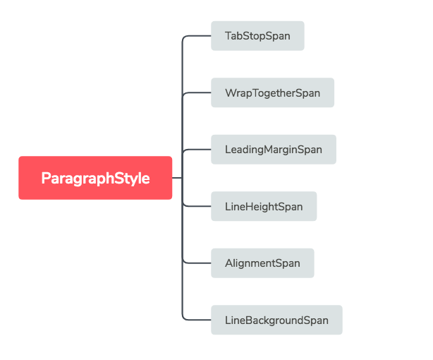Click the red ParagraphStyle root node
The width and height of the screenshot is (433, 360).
95,178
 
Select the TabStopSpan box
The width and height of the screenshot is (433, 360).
257,36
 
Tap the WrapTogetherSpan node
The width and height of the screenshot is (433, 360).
272,93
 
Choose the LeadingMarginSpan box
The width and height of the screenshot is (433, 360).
274,150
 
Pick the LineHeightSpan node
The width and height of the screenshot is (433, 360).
264,207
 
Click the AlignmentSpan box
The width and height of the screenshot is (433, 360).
262,263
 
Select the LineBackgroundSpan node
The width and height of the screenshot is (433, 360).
276,320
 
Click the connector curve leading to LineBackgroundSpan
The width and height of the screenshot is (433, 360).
197,320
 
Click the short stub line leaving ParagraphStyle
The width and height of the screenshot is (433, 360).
177,178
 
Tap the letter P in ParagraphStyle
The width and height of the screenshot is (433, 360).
45,178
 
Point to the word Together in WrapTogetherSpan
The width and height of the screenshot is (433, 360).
272,93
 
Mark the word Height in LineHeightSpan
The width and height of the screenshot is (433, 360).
262,207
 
